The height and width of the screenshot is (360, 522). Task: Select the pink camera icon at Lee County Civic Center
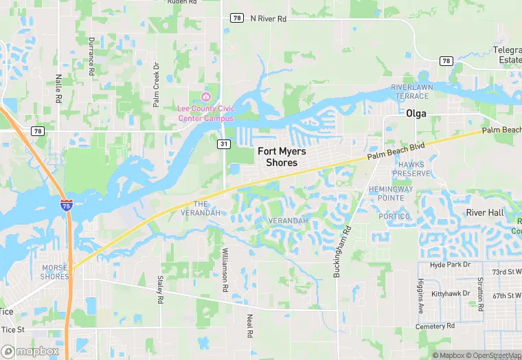point(206,95)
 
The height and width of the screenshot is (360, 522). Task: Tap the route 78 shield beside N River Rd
point(237,18)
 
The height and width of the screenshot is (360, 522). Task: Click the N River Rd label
point(269,19)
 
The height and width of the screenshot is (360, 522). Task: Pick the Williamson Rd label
point(224,271)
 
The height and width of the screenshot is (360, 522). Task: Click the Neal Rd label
point(250,326)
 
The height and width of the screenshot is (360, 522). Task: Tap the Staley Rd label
point(160,290)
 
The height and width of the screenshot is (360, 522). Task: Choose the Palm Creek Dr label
point(157,86)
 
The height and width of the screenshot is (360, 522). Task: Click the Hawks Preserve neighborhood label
point(411,169)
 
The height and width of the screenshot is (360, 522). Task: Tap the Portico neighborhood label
point(394,216)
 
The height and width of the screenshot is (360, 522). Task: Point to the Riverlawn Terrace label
point(410,91)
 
